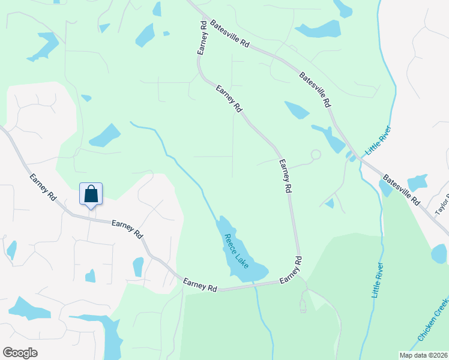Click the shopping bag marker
91,194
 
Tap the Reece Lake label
235,251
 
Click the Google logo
20,353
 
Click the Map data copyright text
423,355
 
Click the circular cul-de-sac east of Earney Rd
316,154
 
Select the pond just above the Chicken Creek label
439,253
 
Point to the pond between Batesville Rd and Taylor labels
417,182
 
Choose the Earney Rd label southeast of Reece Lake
290,271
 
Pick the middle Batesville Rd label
315,91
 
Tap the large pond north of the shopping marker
105,136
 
